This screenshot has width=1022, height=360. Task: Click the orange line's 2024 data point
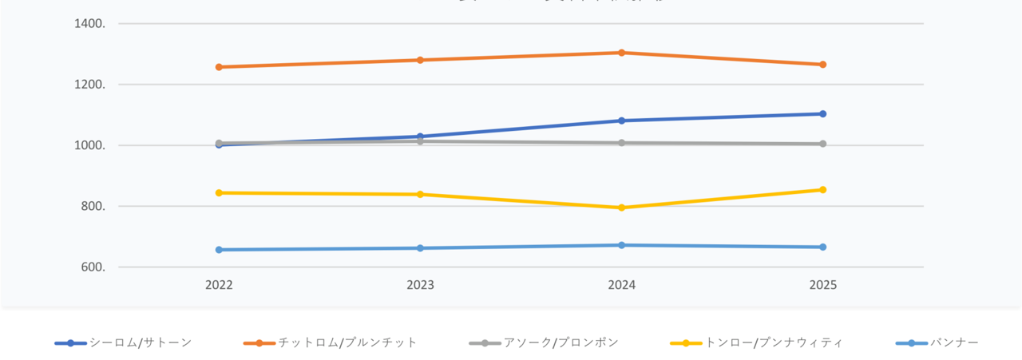[621, 53]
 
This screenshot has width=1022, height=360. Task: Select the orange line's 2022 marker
[219, 67]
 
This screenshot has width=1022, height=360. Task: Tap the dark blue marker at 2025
[822, 114]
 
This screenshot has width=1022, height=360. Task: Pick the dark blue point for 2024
[621, 121]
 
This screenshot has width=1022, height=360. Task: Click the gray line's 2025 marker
[822, 144]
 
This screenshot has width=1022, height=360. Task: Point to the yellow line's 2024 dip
[621, 208]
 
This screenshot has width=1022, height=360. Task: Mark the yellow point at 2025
[822, 190]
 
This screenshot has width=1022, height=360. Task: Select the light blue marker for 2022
[219, 250]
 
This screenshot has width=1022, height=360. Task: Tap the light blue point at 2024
[621, 245]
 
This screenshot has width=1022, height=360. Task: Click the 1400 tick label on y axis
[89, 24]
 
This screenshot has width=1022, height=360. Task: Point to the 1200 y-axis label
[89, 85]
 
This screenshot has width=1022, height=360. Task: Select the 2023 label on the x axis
[420, 285]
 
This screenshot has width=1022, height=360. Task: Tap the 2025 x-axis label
[822, 285]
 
